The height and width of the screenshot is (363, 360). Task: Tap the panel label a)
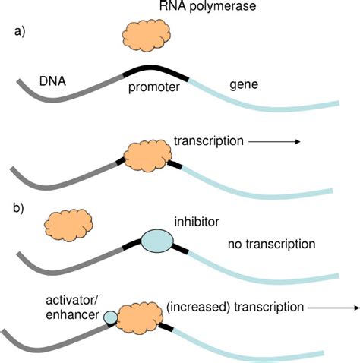pos(21,33)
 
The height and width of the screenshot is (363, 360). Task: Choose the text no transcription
pos(270,245)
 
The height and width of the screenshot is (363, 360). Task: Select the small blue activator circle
pos(111,317)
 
